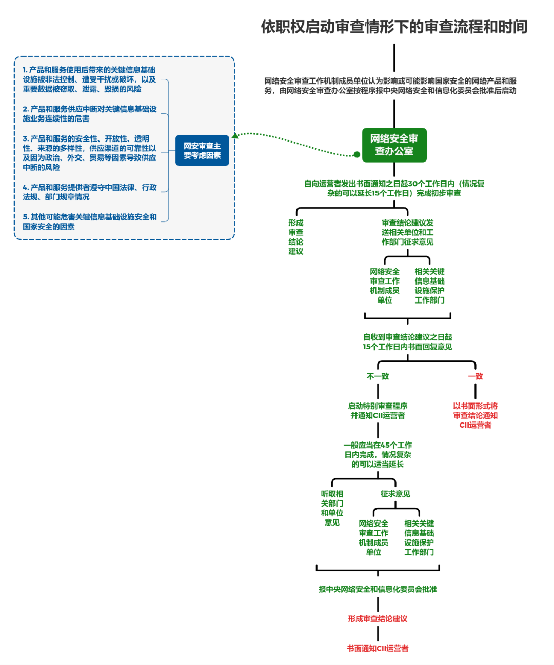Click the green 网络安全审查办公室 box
coord(394,145)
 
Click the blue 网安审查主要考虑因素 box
coord(202,151)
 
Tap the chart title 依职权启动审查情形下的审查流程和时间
coord(394,27)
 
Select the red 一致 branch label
coord(475,376)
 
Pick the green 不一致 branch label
coord(378,376)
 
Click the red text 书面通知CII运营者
coord(378,649)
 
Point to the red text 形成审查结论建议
coord(378,619)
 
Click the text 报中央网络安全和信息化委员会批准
coord(378,589)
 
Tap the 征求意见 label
coord(395,494)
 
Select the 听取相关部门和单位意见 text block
coord(332,508)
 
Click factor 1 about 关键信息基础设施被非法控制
coord(89,79)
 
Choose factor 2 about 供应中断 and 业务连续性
coord(89,114)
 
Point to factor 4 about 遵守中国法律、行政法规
coord(89,192)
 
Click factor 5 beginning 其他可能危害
coord(89,222)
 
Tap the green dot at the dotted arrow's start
coord(357,154)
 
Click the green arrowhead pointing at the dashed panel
coord(235,136)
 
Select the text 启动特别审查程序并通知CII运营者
coord(378,411)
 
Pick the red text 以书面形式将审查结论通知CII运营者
coord(475,415)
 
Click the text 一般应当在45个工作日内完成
coord(378,455)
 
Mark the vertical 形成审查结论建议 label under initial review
coord(295,237)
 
